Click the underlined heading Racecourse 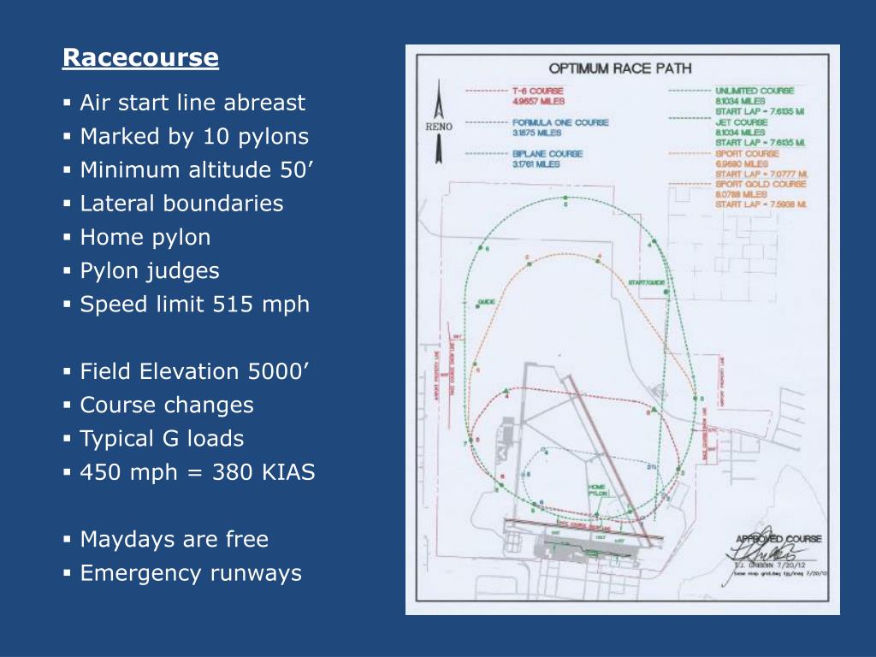(x=140, y=58)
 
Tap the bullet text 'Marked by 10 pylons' (x=194, y=137)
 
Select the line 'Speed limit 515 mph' (x=194, y=305)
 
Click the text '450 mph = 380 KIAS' (x=197, y=472)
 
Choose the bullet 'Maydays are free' (x=174, y=540)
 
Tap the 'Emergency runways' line (x=191, y=573)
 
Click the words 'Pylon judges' (x=150, y=271)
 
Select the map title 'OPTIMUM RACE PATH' (x=620, y=68)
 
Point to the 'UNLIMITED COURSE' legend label (x=755, y=91)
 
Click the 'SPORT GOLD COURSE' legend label (x=761, y=184)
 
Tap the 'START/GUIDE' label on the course (x=646, y=282)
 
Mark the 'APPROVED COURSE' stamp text (x=778, y=539)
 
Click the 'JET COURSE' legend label (x=741, y=122)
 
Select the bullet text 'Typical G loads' (x=162, y=439)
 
